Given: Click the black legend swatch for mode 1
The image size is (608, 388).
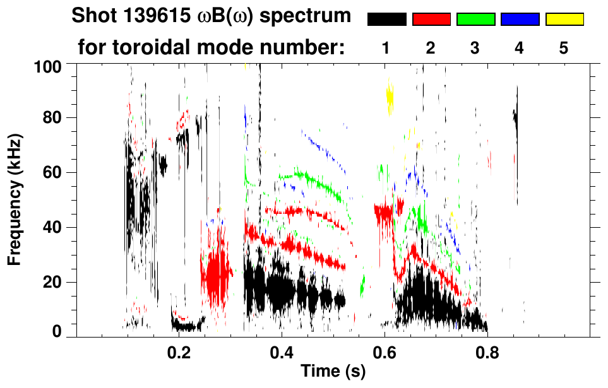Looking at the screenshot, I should point(386,20).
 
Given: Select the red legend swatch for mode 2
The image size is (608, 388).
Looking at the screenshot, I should point(431,20).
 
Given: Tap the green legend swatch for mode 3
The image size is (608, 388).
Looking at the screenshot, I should point(475,20).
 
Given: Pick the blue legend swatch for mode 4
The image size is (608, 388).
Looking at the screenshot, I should point(520,20).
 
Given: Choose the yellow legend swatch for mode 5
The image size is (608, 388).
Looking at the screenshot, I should point(564,20).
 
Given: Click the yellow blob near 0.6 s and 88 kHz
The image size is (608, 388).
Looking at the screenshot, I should point(390,98).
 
